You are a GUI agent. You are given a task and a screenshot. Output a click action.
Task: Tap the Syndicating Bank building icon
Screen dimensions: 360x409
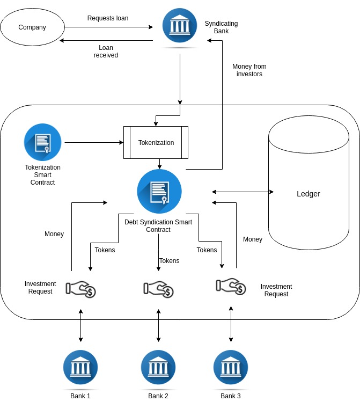[x=180, y=26]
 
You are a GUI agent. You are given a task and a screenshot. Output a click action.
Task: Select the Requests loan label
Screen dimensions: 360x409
[x=108, y=18]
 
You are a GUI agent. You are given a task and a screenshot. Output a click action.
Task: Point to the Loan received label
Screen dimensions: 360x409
[x=106, y=52]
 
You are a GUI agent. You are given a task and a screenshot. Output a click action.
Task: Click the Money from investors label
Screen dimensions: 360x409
[x=249, y=70]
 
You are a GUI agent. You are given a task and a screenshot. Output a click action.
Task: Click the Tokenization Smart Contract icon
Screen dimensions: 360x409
[x=42, y=142]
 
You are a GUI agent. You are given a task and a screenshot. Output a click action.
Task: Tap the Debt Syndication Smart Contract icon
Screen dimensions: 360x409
[x=159, y=192]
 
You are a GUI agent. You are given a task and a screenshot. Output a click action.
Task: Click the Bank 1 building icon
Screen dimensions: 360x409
[x=80, y=367]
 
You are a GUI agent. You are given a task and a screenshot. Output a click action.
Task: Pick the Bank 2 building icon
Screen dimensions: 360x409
[x=158, y=367]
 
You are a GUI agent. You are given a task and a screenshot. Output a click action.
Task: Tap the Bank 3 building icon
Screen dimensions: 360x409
[x=231, y=367]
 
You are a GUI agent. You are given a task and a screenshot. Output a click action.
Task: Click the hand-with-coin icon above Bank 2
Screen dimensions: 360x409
[x=158, y=289]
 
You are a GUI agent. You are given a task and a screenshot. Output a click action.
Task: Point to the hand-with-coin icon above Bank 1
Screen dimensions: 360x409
[x=81, y=289]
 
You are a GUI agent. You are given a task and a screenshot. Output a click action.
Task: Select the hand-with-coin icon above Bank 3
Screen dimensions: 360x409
[x=231, y=287]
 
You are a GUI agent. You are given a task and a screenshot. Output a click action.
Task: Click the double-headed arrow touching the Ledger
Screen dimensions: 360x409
[x=243, y=192]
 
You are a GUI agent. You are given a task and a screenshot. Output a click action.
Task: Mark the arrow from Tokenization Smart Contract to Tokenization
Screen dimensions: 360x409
[x=94, y=142]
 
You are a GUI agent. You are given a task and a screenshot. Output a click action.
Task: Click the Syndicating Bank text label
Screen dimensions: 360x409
[x=222, y=27]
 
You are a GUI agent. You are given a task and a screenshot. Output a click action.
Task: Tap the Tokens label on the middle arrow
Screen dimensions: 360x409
[x=170, y=260]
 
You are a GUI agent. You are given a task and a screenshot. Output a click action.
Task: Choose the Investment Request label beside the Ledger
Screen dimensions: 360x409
[x=276, y=290]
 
